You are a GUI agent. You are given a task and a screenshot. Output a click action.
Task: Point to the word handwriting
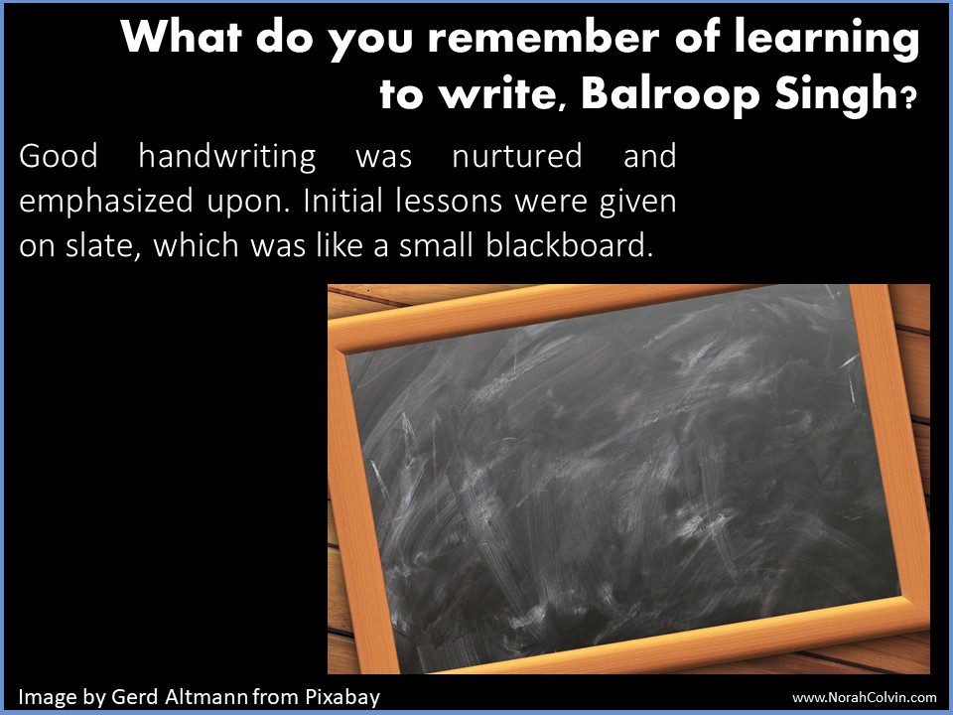(x=226, y=156)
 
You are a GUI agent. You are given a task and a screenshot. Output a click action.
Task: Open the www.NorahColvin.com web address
(x=865, y=698)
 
